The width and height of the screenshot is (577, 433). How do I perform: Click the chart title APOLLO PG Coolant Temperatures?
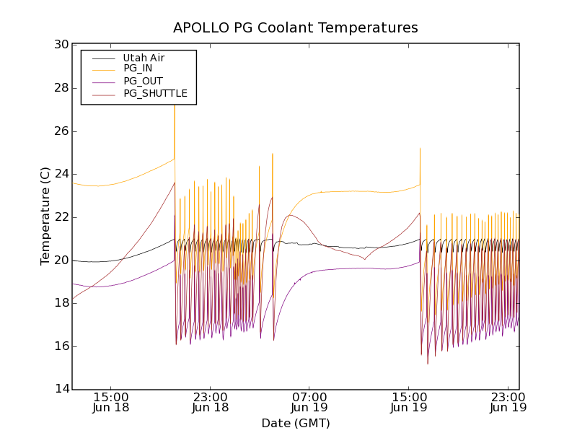[x=295, y=28]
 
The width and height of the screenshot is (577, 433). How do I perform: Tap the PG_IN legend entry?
[x=138, y=69]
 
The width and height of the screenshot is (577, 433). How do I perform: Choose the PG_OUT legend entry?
[x=142, y=81]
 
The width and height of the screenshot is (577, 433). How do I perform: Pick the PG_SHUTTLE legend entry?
[x=155, y=93]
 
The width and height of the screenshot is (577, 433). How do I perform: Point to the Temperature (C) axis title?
[x=45, y=216]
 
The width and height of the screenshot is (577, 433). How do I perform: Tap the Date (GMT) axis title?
[x=295, y=423]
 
